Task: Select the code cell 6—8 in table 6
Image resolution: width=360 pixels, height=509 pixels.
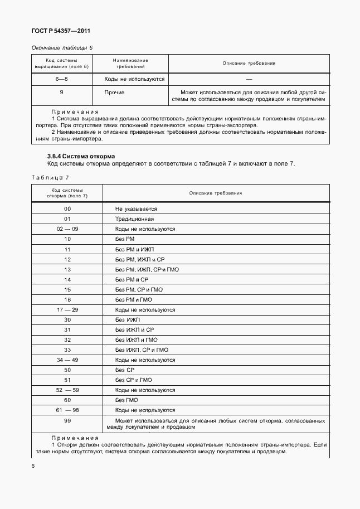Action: (61, 79)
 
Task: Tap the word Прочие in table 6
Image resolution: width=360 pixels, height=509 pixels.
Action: (114, 92)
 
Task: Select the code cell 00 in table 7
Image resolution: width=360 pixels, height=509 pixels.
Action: (67, 209)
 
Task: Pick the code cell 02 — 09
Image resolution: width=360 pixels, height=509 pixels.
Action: (67, 229)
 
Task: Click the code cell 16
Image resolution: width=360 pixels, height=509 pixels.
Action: (67, 299)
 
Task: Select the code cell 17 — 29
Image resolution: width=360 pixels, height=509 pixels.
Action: (67, 309)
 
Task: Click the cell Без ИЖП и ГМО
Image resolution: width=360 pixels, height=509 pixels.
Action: (136, 340)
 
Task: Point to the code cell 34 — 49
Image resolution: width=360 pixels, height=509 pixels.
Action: (67, 360)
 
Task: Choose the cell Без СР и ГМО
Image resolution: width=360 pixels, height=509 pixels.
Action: (133, 380)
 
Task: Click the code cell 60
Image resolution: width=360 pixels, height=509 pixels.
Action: (67, 400)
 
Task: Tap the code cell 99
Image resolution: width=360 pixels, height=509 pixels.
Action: (67, 420)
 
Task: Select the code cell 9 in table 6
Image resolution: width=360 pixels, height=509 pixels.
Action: (61, 92)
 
